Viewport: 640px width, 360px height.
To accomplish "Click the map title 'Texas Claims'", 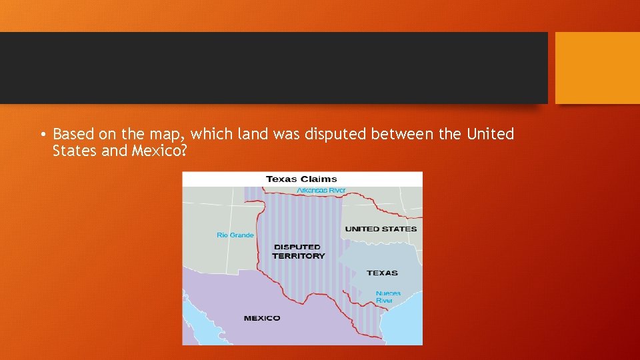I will pyautogui.click(x=301, y=179).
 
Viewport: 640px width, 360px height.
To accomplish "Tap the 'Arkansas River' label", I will pyautogui.click(x=321, y=191).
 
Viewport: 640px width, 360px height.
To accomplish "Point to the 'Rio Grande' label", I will pyautogui.click(x=235, y=235).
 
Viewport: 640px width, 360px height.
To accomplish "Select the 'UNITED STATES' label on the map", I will pyautogui.click(x=381, y=229).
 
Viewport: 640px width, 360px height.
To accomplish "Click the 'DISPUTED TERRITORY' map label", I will pyautogui.click(x=298, y=251).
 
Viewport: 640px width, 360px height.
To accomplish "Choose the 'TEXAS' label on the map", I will pyautogui.click(x=382, y=273).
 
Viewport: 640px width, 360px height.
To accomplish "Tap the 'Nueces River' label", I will pyautogui.click(x=387, y=297).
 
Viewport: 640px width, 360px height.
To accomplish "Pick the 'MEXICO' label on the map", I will pyautogui.click(x=262, y=318).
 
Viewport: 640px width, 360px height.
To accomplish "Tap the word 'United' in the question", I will pyautogui.click(x=490, y=135).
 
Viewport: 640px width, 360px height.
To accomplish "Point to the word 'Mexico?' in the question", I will pyautogui.click(x=158, y=151).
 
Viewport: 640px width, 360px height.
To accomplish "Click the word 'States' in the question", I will pyautogui.click(x=74, y=151).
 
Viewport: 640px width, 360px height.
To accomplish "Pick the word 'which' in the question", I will pyautogui.click(x=211, y=135).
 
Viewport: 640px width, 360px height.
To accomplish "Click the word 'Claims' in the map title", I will pyautogui.click(x=319, y=179).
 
